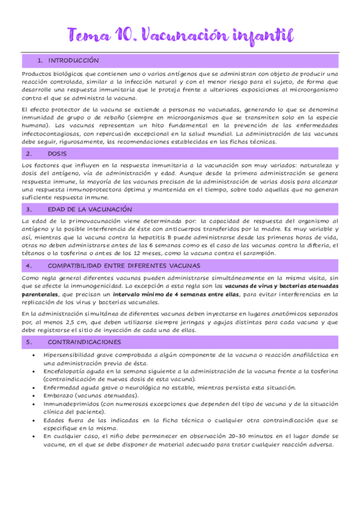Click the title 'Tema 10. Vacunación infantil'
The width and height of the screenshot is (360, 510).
pos(180,35)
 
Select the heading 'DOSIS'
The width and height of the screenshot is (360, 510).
pos(57,154)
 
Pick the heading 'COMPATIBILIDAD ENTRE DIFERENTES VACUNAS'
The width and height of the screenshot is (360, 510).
pos(124,265)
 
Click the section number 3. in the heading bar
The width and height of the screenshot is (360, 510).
pos(28,209)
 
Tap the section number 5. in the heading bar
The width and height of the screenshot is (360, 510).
pos(28,342)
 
